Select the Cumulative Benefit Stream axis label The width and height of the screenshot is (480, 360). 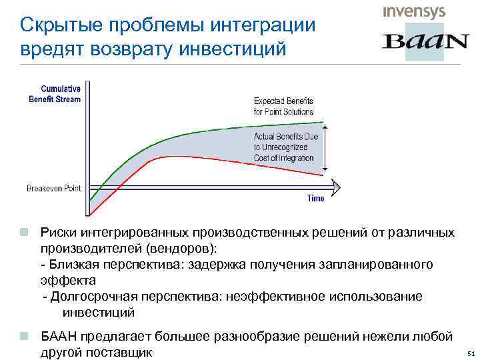55,94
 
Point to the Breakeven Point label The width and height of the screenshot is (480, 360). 54,189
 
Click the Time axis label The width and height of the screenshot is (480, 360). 315,198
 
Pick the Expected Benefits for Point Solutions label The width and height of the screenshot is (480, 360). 283,106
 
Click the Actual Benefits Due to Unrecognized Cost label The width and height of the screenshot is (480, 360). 286,147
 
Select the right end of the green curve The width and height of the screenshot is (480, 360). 323,123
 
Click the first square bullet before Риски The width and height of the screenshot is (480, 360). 23,233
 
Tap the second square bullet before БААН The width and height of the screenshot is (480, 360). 23,335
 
